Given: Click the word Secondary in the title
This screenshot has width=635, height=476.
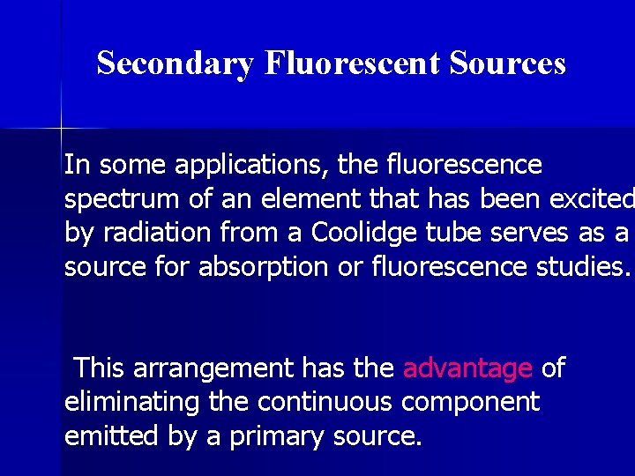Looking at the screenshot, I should pos(175,64).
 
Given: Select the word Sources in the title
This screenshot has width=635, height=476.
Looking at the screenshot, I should pos(507,63).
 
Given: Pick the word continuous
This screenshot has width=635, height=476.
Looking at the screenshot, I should pos(325,402).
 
